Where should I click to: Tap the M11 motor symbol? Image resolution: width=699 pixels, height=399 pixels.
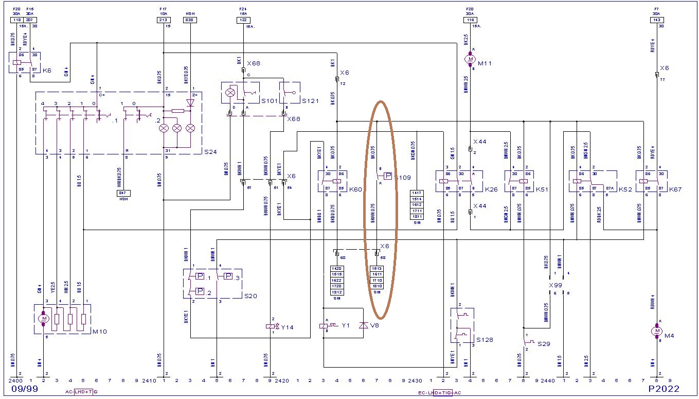pos(470,60)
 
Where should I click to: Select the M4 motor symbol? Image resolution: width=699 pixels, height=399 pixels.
pos(656,331)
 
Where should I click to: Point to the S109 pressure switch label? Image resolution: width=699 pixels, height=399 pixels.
pos(403,177)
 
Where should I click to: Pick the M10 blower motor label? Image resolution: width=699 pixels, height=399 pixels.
pos(99,331)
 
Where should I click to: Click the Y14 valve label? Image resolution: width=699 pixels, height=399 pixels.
pos(287,327)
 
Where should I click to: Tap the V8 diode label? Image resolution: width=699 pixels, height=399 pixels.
pos(374,325)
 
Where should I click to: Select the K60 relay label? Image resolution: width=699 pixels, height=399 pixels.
pos(356,190)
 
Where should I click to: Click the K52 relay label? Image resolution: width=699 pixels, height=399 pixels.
pos(625,190)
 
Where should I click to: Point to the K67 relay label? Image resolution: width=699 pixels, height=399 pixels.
pos(676,190)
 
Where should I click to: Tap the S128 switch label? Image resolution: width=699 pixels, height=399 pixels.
pos(485,340)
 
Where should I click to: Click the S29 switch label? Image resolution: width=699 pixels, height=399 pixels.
pos(544,343)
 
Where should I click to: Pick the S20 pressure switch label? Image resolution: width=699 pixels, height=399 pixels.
pos(250,296)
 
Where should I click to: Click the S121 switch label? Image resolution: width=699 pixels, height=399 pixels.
pos(311,101)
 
